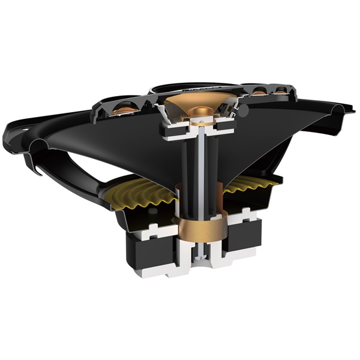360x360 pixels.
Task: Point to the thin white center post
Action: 198,174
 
